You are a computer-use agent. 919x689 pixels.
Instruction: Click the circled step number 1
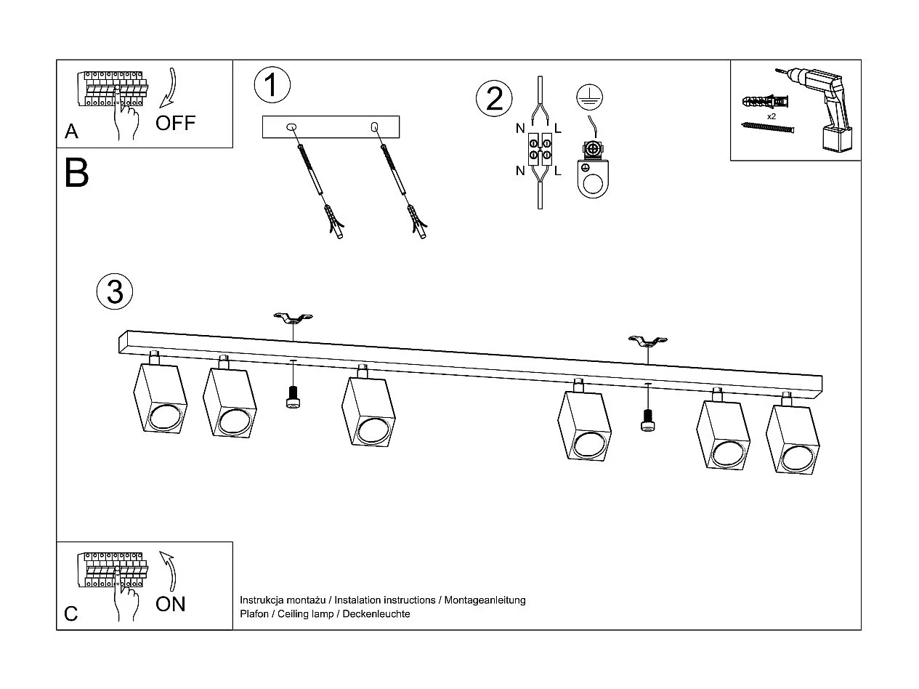tap(272, 85)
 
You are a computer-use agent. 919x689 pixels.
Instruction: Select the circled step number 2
tap(494, 99)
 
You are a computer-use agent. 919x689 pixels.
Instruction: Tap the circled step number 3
tap(115, 291)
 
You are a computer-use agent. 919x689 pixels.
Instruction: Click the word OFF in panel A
tap(176, 122)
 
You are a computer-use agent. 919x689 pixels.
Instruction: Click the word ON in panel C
tap(171, 604)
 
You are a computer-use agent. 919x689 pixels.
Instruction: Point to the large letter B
tap(76, 174)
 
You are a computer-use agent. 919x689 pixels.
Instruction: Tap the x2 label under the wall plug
tap(771, 116)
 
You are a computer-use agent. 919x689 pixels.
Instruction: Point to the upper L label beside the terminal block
tap(558, 129)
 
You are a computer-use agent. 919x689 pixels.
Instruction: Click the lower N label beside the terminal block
tap(520, 172)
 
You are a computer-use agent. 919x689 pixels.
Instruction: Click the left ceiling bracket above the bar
tap(293, 318)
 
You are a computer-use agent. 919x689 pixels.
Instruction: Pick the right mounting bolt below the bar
tap(647, 419)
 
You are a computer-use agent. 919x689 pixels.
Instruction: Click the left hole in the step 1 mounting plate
tap(292, 127)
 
